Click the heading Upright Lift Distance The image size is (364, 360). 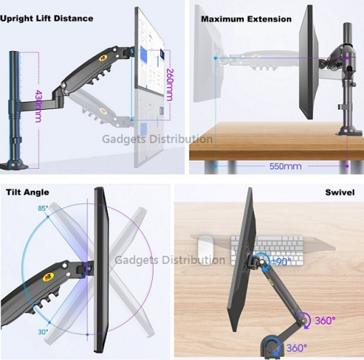47,18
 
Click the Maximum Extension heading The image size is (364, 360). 246,19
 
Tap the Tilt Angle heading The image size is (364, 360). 28,192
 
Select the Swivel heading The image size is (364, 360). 340,192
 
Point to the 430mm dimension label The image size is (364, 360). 38,106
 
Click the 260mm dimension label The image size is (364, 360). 170,85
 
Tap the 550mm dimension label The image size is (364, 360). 285,167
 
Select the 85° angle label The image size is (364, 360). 43,208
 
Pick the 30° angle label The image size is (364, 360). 43,332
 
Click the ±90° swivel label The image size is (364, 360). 282,262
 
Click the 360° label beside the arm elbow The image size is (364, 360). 325,321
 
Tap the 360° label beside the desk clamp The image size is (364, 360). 297,348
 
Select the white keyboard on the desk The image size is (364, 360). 267,251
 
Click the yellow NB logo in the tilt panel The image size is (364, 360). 48,276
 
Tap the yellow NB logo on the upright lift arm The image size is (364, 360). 103,57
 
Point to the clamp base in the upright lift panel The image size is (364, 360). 14,165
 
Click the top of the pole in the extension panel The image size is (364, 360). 347,25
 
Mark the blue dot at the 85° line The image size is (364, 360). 48,217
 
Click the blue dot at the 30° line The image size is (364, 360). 50,322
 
